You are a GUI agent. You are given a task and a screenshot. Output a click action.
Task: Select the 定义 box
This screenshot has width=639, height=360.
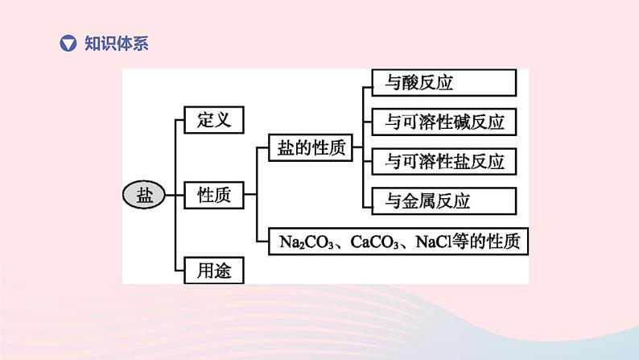[214, 121]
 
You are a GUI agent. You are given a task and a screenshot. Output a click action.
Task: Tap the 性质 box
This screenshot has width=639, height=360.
[214, 194]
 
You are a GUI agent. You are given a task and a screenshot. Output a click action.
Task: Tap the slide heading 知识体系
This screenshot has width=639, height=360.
[117, 43]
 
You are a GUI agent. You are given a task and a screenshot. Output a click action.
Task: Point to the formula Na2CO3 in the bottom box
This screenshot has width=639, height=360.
[300, 240]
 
